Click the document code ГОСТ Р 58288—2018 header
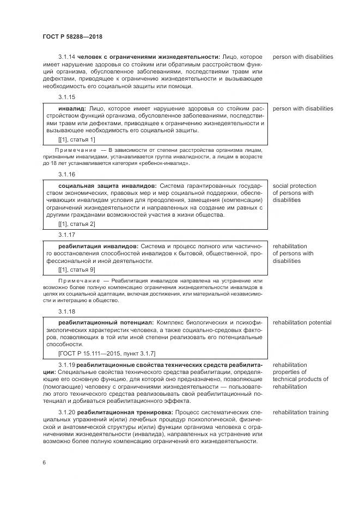point(72,36)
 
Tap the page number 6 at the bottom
point(44,462)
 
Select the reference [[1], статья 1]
point(76,139)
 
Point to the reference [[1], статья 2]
point(76,224)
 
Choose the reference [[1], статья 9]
point(76,269)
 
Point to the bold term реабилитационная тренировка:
point(125,413)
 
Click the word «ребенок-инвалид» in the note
point(166,163)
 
